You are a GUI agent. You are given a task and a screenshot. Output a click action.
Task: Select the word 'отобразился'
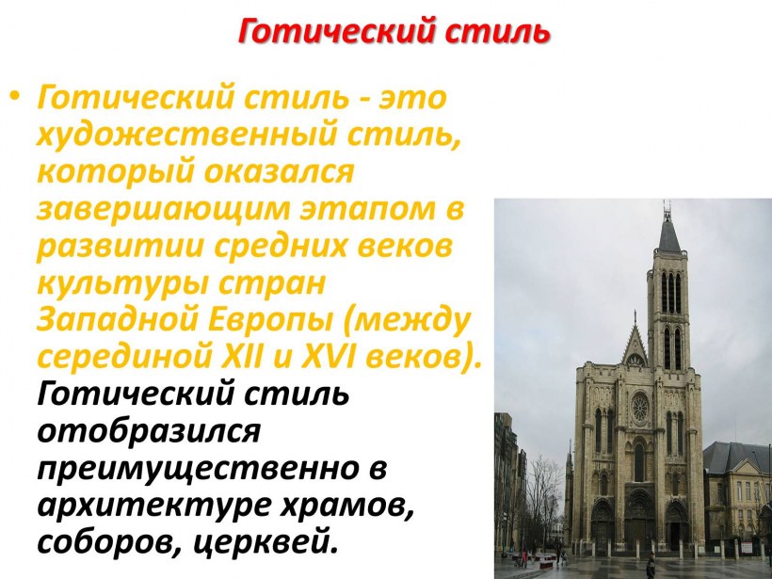click(x=148, y=430)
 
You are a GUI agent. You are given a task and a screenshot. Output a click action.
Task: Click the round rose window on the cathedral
click(x=640, y=407)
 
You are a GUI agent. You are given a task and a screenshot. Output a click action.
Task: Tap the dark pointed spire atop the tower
click(x=668, y=231)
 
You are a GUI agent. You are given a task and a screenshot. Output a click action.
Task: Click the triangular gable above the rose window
click(x=636, y=346)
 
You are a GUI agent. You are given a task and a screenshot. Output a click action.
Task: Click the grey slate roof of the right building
click(x=734, y=457)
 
